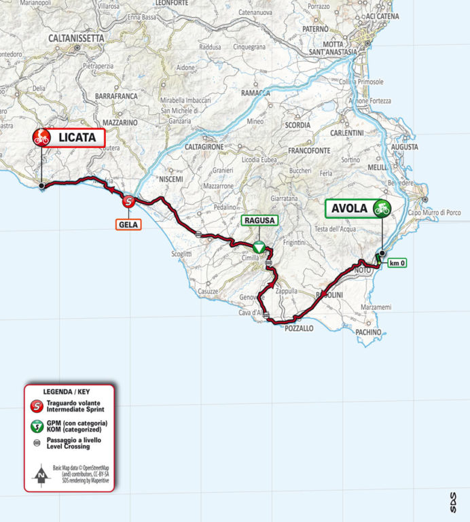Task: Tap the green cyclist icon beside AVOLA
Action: click(382, 208)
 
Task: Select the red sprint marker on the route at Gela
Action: click(128, 201)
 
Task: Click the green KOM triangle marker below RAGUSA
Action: click(259, 247)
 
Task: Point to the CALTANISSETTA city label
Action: click(75, 39)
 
